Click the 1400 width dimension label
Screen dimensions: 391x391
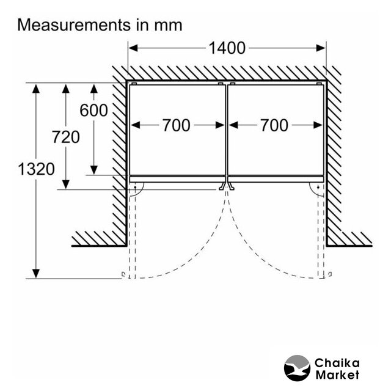227,48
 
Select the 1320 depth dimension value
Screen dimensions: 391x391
36,169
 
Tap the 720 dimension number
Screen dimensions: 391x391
66,137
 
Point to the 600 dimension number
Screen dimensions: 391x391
93,110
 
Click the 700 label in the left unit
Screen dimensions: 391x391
177,125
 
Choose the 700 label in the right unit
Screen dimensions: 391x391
274,125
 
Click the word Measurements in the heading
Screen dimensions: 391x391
74,25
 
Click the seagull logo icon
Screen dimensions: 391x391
298,368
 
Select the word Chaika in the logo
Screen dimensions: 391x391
337,363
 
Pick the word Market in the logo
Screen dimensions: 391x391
337,375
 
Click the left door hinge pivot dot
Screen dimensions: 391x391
135,187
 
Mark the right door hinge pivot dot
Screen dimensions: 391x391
318,187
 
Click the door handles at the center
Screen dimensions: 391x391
227,186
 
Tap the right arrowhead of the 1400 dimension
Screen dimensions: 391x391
321,48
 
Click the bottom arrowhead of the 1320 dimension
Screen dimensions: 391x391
36,274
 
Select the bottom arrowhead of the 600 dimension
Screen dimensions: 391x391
93,170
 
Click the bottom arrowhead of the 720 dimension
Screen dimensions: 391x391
66,185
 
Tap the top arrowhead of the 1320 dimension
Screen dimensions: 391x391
36,89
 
